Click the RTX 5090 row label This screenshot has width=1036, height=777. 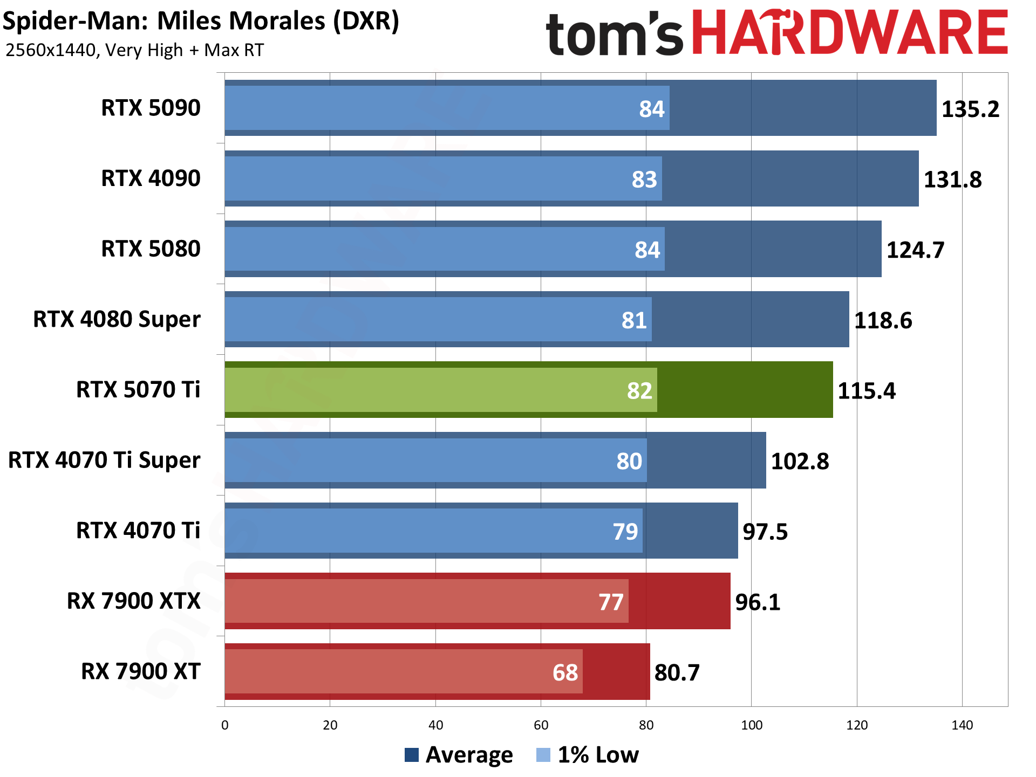point(151,108)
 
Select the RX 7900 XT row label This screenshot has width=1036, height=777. point(140,671)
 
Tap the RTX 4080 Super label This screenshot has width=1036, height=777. point(117,319)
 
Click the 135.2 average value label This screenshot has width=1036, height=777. point(970,109)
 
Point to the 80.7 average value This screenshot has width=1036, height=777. point(677,672)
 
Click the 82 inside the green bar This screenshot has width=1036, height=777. point(639,390)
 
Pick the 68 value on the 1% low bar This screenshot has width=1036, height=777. point(565,672)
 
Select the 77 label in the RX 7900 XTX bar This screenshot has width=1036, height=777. point(611,602)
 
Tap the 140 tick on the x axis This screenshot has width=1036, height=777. point(962,725)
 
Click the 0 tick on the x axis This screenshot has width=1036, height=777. point(225,725)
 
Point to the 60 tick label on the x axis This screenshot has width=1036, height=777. point(541,725)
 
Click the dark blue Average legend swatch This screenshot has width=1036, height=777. point(412,755)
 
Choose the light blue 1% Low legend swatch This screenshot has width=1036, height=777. point(543,755)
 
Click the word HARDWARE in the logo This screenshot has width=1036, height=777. point(849,33)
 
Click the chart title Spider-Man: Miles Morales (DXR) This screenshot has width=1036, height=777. point(201,22)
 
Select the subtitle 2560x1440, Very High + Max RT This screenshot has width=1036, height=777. point(134,50)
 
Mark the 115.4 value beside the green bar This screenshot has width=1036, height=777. point(866,390)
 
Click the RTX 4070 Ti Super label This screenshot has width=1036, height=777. point(104,460)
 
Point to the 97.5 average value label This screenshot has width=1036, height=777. point(765,532)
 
